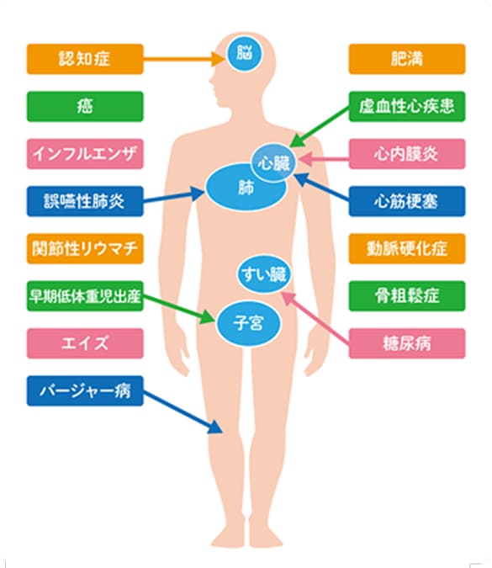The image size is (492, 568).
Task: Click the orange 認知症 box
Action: [85, 59]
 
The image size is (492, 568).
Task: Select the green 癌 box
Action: [85, 107]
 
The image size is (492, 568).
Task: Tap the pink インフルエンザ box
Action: [85, 154]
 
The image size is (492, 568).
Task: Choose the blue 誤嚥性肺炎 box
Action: [85, 201]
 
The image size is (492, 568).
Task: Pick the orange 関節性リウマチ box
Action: [85, 248]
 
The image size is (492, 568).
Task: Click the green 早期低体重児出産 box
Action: [85, 296]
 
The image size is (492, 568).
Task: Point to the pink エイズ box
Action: [85, 343]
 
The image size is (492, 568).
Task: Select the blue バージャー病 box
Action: [85, 390]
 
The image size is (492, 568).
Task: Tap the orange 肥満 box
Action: [407, 59]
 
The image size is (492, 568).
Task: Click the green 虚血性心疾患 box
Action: [407, 107]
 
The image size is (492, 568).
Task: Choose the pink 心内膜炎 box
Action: [407, 154]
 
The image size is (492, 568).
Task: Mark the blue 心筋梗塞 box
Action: [407, 201]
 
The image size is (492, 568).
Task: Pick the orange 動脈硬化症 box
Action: [407, 248]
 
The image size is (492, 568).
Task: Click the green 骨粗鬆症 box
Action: [407, 296]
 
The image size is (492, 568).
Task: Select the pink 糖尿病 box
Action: [407, 343]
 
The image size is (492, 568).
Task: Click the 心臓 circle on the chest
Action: [274, 163]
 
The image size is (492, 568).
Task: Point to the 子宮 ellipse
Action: [248, 323]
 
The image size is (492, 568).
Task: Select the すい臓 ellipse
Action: [264, 274]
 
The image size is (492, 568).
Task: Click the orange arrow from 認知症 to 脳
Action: [184, 59]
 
